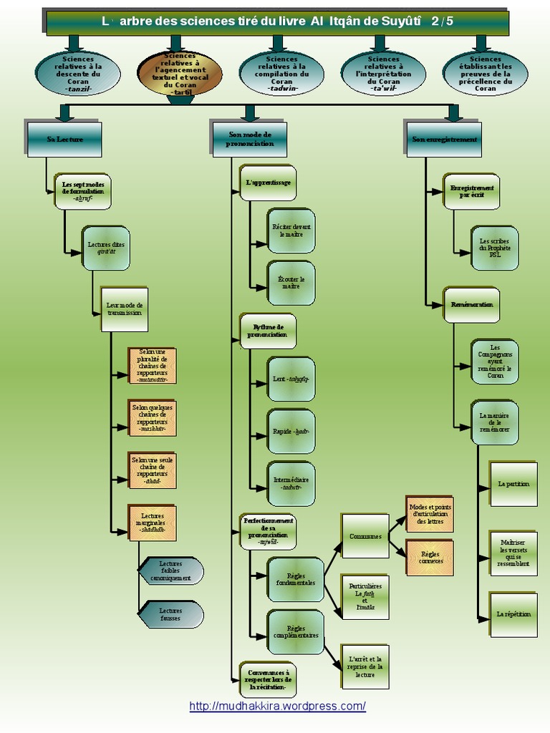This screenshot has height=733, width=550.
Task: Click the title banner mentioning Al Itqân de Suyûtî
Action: tap(277, 21)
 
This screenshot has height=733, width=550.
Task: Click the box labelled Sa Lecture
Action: tap(64, 140)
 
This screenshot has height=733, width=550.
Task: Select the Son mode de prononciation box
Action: tap(250, 140)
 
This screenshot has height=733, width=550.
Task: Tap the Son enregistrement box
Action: tap(444, 140)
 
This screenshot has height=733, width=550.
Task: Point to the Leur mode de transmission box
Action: tap(124, 309)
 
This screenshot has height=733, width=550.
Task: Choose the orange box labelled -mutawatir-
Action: tap(153, 366)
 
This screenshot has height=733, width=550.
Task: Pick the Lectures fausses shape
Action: tap(170, 614)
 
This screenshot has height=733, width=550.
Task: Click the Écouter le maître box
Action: tap(291, 282)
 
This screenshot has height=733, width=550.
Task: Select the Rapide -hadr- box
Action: tap(291, 432)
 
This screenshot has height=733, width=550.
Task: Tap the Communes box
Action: tap(365, 535)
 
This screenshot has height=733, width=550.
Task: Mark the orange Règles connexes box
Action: tap(430, 557)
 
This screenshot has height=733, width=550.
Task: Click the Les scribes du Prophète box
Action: tap(495, 248)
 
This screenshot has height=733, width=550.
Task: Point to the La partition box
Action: tap(513, 484)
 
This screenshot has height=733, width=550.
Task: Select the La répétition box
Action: tap(513, 614)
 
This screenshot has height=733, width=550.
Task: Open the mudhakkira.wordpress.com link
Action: tap(277, 707)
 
